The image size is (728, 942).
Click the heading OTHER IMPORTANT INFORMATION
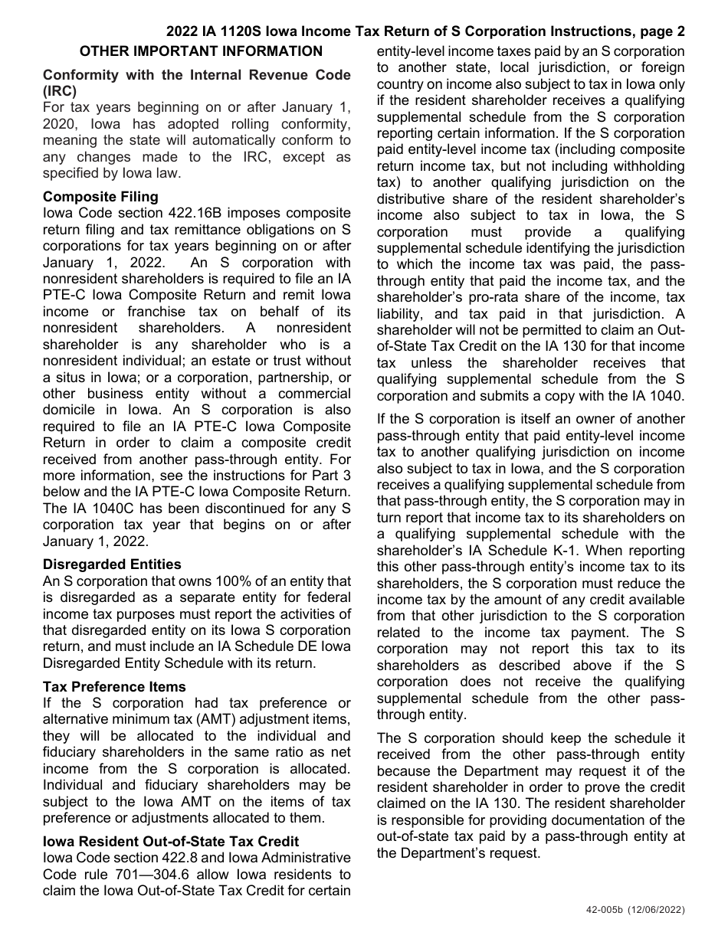coord(202,52)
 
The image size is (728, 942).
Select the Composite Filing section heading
coord(100,197)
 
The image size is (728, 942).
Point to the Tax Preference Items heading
coord(114,687)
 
